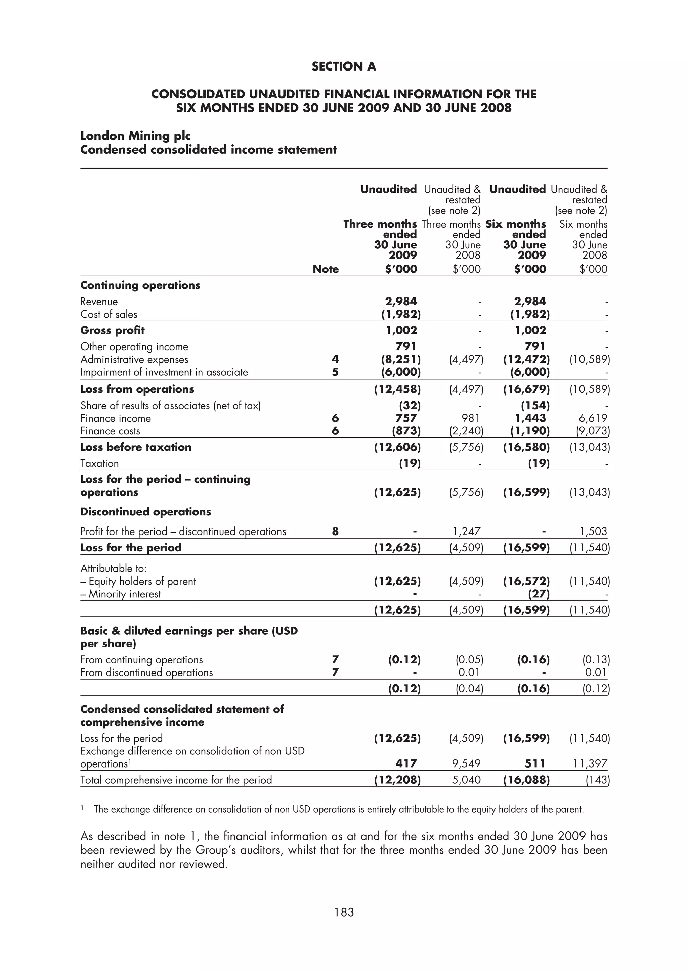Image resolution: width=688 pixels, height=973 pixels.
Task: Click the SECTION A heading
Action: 344,66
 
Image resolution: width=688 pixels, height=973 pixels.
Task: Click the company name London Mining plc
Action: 135,136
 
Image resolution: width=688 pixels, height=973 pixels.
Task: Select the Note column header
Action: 326,269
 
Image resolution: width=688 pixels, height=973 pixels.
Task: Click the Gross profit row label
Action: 112,331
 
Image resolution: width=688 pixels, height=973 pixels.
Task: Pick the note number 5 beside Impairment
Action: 335,372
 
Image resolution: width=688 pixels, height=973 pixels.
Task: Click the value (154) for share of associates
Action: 535,406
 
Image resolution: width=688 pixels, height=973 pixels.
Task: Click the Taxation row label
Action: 100,464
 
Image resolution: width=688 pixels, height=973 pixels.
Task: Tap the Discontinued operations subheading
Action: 145,512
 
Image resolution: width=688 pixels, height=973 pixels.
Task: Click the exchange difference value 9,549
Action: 466,763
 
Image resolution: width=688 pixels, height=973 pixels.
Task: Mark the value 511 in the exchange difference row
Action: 534,763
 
